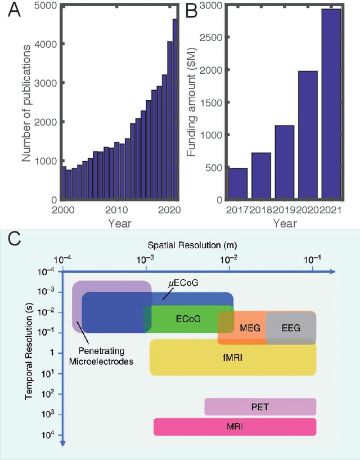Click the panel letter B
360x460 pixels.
[192, 11]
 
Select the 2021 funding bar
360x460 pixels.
[331, 104]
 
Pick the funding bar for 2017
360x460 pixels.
[238, 184]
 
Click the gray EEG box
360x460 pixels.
[290, 328]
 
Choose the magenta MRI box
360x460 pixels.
[235, 427]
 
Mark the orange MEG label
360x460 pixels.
[249, 328]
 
